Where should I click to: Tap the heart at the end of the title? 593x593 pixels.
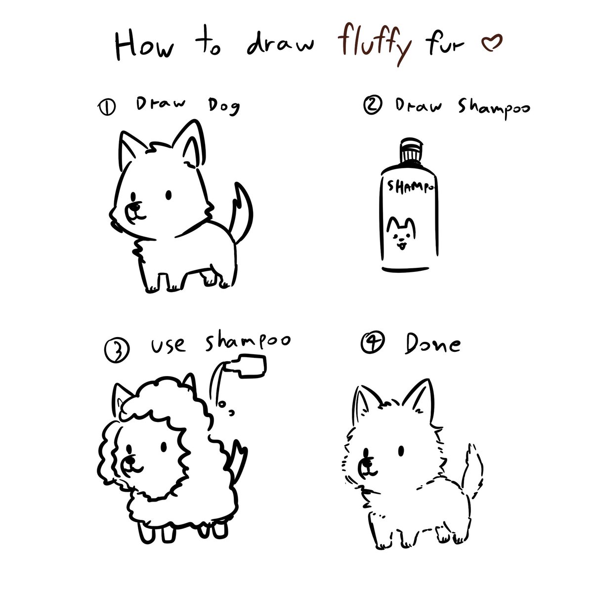click(491, 42)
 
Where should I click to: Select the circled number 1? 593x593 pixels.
click(107, 108)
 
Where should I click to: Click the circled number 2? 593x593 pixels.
click(373, 105)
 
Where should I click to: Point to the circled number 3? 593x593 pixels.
click(117, 350)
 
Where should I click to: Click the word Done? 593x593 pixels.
click(432, 344)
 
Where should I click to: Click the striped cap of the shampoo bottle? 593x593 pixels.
click(411, 150)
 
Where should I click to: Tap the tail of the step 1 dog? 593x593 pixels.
click(242, 212)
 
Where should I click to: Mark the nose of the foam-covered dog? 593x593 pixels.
click(130, 461)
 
